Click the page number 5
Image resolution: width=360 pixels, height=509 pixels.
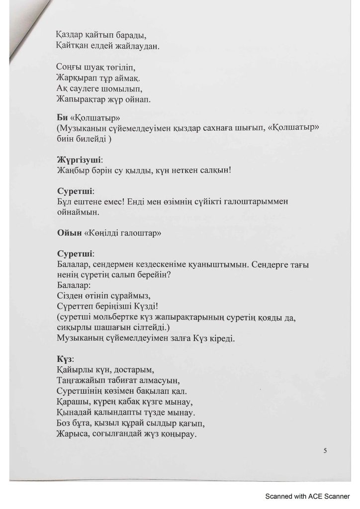pyautogui.click(x=325, y=450)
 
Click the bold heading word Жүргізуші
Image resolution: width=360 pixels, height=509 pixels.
pyautogui.click(x=80, y=159)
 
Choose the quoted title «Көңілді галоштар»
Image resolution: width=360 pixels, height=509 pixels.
pyautogui.click(x=124, y=232)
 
